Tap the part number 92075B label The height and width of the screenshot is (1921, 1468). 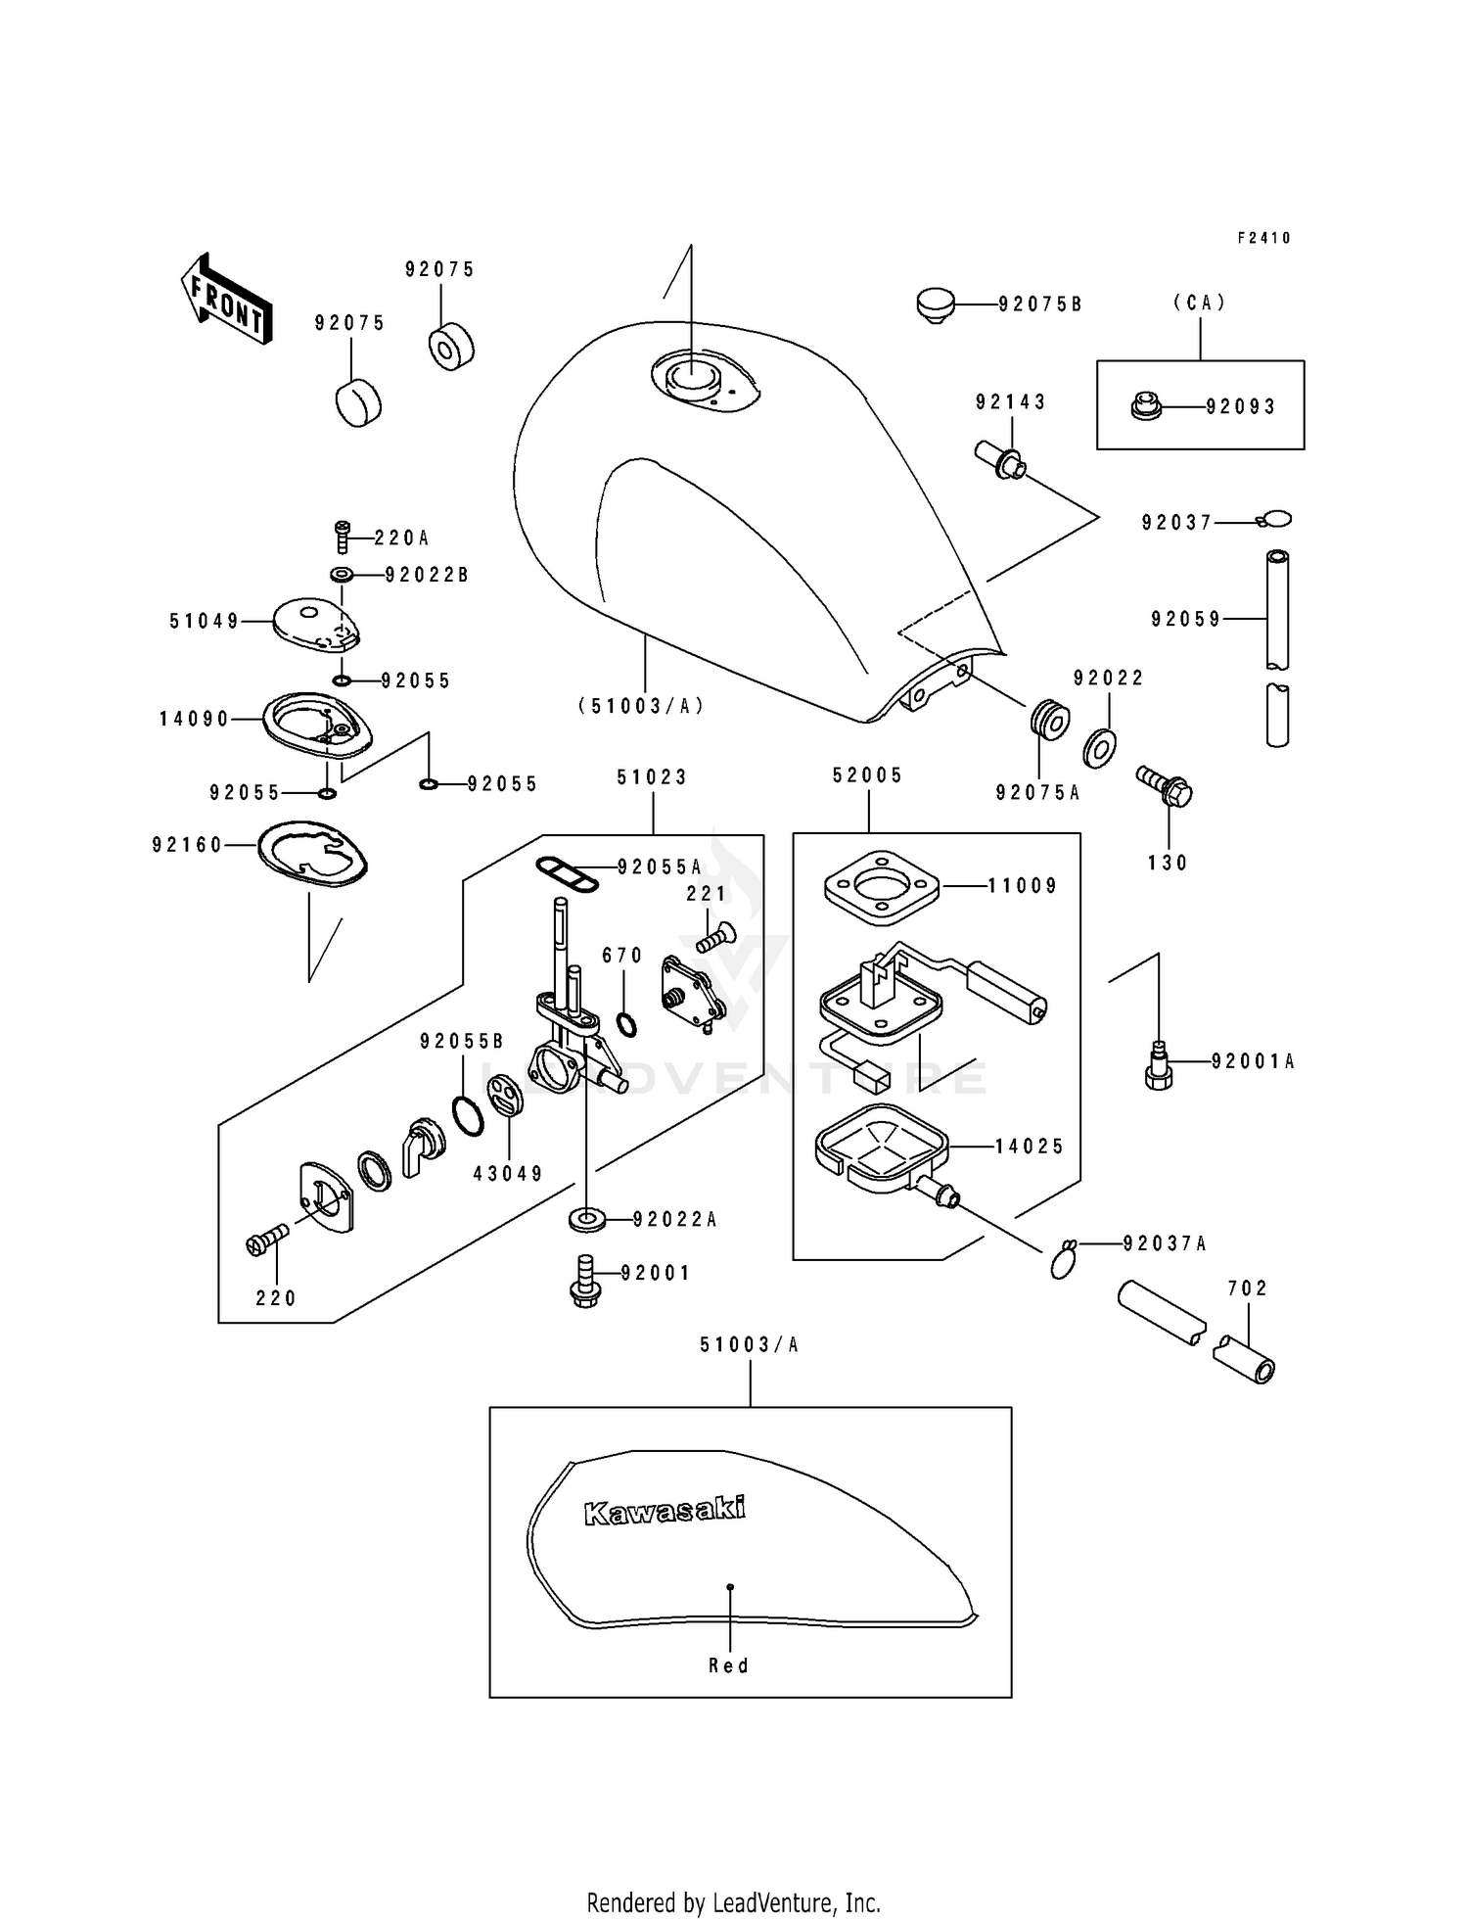(x=1039, y=305)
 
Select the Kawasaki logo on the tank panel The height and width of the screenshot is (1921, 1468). (x=665, y=1510)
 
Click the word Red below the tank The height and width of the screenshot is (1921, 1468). (x=729, y=1665)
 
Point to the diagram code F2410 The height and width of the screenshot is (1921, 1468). (x=1264, y=238)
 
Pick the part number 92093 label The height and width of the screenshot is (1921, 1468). (x=1241, y=407)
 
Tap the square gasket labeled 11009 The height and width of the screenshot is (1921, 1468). (x=881, y=885)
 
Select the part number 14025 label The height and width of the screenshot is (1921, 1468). (x=1030, y=1147)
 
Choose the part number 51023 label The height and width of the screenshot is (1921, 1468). (x=652, y=777)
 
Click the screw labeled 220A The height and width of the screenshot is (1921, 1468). (x=343, y=536)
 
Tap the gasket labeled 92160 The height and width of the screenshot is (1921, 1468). (x=312, y=854)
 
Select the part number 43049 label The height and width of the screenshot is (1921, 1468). (x=508, y=1173)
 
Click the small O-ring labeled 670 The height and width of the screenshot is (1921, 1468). (x=626, y=1025)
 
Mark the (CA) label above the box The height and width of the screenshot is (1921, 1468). (x=1200, y=304)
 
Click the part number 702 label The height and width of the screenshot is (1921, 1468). (x=1248, y=1288)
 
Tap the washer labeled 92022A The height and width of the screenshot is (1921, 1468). (x=587, y=1220)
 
